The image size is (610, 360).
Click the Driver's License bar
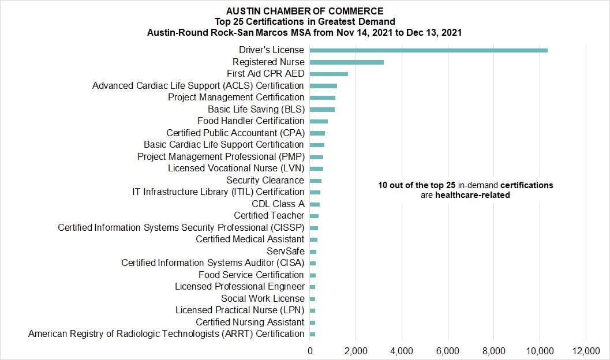[429, 50]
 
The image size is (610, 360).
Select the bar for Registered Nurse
[347, 62]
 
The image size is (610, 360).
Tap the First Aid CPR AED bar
[329, 74]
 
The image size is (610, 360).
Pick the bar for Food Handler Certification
[319, 121]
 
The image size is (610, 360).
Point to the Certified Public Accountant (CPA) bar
[317, 133]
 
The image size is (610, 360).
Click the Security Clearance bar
[316, 181]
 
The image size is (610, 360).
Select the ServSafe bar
[313, 252]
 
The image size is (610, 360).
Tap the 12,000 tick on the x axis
[586, 351]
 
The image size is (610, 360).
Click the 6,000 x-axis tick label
[448, 351]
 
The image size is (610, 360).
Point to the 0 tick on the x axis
[310, 351]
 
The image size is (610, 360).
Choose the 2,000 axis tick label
[356, 351]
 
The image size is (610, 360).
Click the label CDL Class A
[278, 204]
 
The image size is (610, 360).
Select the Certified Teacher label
[269, 216]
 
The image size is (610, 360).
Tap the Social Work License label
[263, 299]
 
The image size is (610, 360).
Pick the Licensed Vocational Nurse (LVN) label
[236, 168]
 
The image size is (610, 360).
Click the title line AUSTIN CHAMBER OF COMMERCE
[305, 11]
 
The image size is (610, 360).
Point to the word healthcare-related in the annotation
[472, 195]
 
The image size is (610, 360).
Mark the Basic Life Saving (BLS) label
[256, 109]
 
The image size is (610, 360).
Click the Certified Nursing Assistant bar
[312, 322]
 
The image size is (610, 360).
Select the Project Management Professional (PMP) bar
[317, 157]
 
